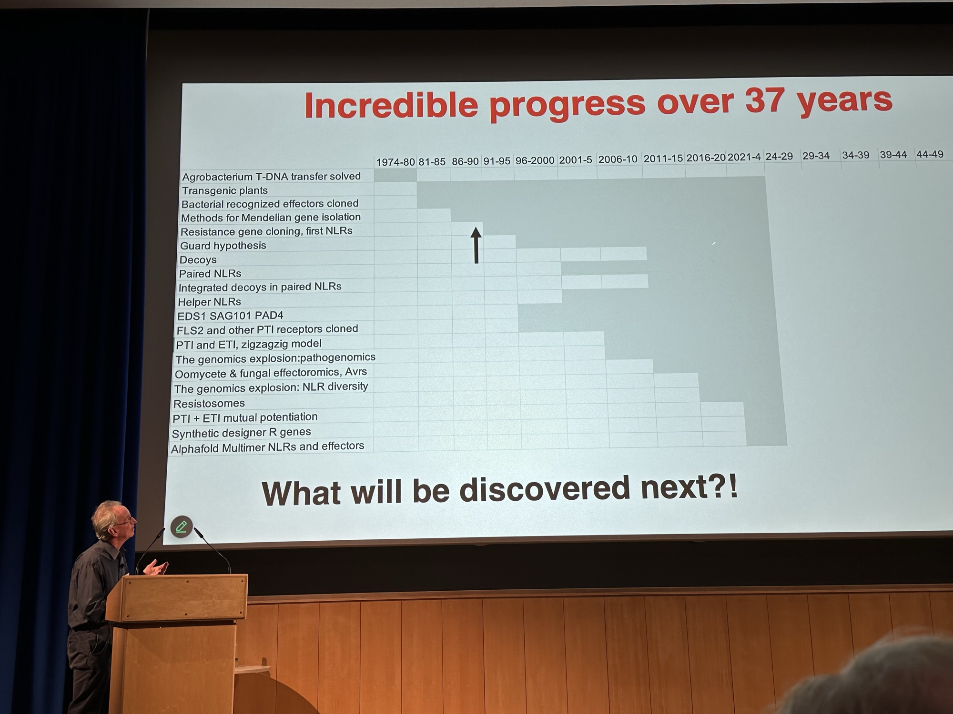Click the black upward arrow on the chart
tap(476, 245)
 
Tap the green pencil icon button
tap(182, 526)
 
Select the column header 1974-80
tap(395, 162)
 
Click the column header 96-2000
tap(535, 160)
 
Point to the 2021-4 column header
tap(744, 157)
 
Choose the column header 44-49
tap(930, 154)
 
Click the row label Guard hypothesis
tap(223, 246)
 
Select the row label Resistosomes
tap(209, 404)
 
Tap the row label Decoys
tap(198, 260)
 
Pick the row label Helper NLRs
tap(209, 302)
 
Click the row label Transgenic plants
tap(224, 190)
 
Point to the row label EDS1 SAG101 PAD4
tap(230, 316)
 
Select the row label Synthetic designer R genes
tap(241, 433)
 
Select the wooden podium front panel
tap(176, 597)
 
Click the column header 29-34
tap(816, 156)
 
